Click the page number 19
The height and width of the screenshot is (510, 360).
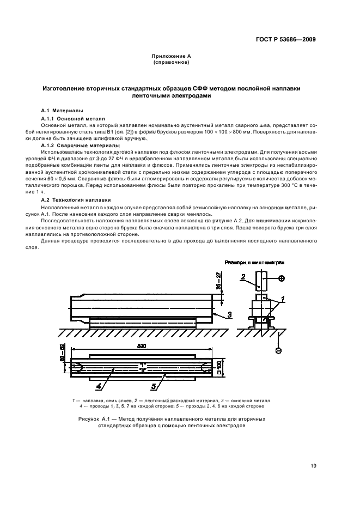coord(313,466)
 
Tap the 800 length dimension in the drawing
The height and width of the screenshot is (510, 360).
coord(141,347)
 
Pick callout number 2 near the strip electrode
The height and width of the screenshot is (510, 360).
coord(244,277)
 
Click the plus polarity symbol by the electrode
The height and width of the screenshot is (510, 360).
coord(281,278)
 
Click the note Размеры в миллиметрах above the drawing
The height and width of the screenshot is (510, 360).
coord(255,262)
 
